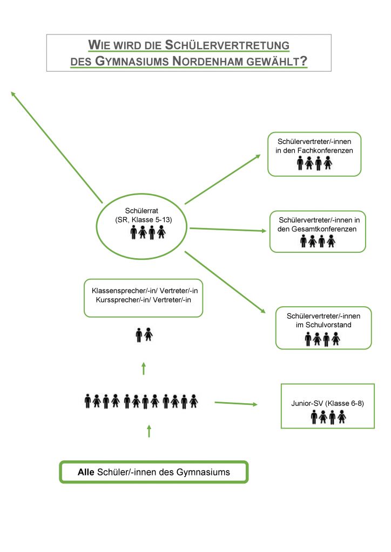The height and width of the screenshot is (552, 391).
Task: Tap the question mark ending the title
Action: [x=304, y=61]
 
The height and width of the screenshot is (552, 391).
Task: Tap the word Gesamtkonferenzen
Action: [x=322, y=229]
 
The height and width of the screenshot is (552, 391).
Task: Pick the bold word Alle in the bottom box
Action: [x=86, y=472]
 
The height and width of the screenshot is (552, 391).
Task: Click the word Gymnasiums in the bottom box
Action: [x=203, y=472]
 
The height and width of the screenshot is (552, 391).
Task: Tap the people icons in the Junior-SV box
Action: [x=328, y=417]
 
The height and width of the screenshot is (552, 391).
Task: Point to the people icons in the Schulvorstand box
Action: [x=322, y=339]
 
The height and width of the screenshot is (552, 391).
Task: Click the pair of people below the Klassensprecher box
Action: [x=144, y=335]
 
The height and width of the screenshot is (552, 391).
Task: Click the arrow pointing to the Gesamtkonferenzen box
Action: [x=228, y=230]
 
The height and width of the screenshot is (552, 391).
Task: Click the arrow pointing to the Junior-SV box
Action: [x=237, y=403]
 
